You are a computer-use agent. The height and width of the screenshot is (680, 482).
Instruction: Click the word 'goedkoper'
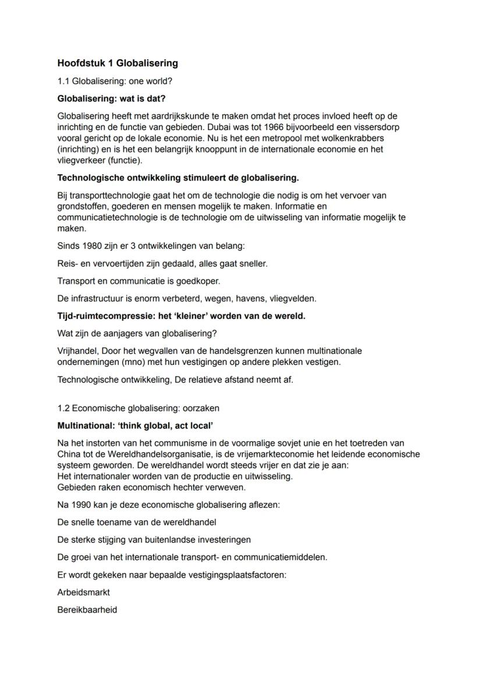pos(196,281)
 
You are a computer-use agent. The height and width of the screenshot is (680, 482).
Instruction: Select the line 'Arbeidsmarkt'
pos(84,592)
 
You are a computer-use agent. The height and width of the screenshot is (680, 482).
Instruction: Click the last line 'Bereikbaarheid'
pos(87,610)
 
